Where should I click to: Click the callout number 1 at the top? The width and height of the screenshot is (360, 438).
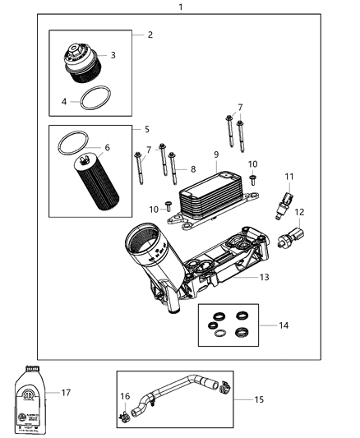(180, 7)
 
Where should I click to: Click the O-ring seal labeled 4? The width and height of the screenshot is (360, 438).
(95, 99)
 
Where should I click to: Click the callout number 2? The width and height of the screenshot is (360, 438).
(150, 35)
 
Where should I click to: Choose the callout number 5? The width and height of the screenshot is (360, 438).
(146, 129)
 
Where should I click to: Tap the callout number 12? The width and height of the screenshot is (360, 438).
(299, 212)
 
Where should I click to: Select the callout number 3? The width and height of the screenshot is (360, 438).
(113, 55)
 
